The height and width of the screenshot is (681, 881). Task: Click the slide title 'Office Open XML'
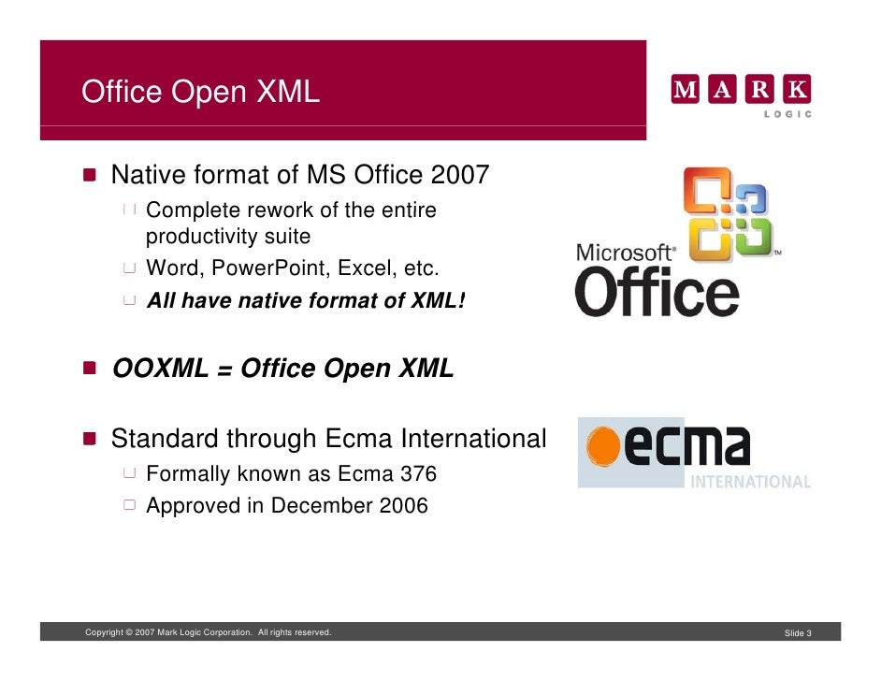(x=200, y=93)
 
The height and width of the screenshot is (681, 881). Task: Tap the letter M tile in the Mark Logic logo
(x=686, y=91)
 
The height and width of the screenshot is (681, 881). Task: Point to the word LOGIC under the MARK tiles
(x=787, y=114)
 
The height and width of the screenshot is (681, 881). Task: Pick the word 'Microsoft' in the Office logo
(x=625, y=254)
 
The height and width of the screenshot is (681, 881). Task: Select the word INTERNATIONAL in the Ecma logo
(x=750, y=483)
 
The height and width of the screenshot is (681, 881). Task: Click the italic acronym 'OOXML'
(x=160, y=369)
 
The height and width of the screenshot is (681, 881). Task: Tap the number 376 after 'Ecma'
(x=419, y=474)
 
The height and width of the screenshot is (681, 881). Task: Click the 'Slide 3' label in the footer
(x=798, y=634)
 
